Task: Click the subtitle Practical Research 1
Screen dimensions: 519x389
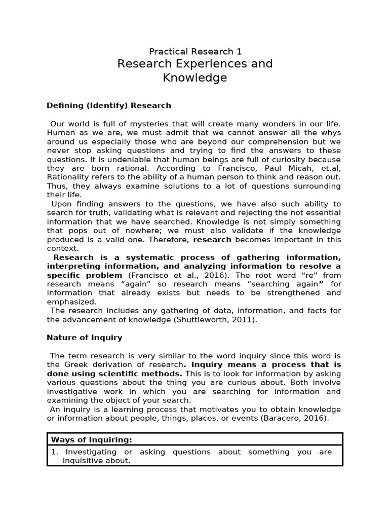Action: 195,51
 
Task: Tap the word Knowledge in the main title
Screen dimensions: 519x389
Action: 195,78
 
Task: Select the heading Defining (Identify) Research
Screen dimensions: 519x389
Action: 109,105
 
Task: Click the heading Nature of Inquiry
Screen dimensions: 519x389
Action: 85,337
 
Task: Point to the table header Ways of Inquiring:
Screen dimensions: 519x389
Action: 92,439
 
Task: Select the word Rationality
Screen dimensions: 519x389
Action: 68,177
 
